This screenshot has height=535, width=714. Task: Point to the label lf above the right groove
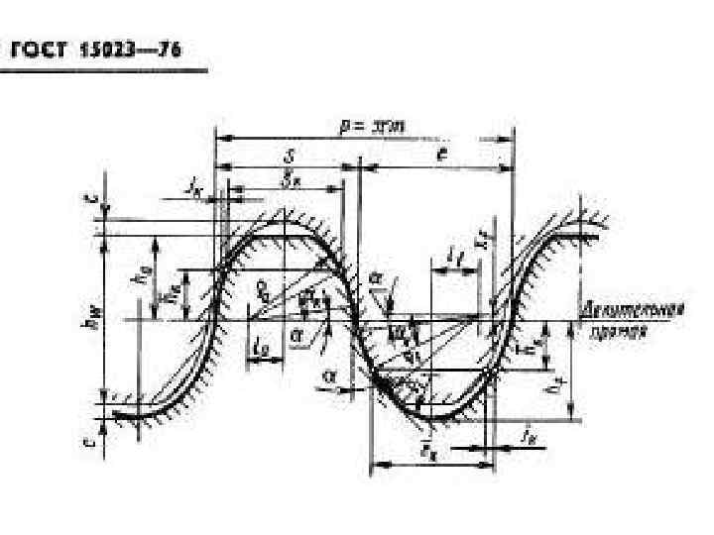[x=452, y=257]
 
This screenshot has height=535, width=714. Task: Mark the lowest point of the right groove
[x=446, y=416]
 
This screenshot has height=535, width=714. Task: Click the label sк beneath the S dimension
[x=288, y=181]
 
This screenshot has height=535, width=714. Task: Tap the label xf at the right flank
[x=482, y=238]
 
